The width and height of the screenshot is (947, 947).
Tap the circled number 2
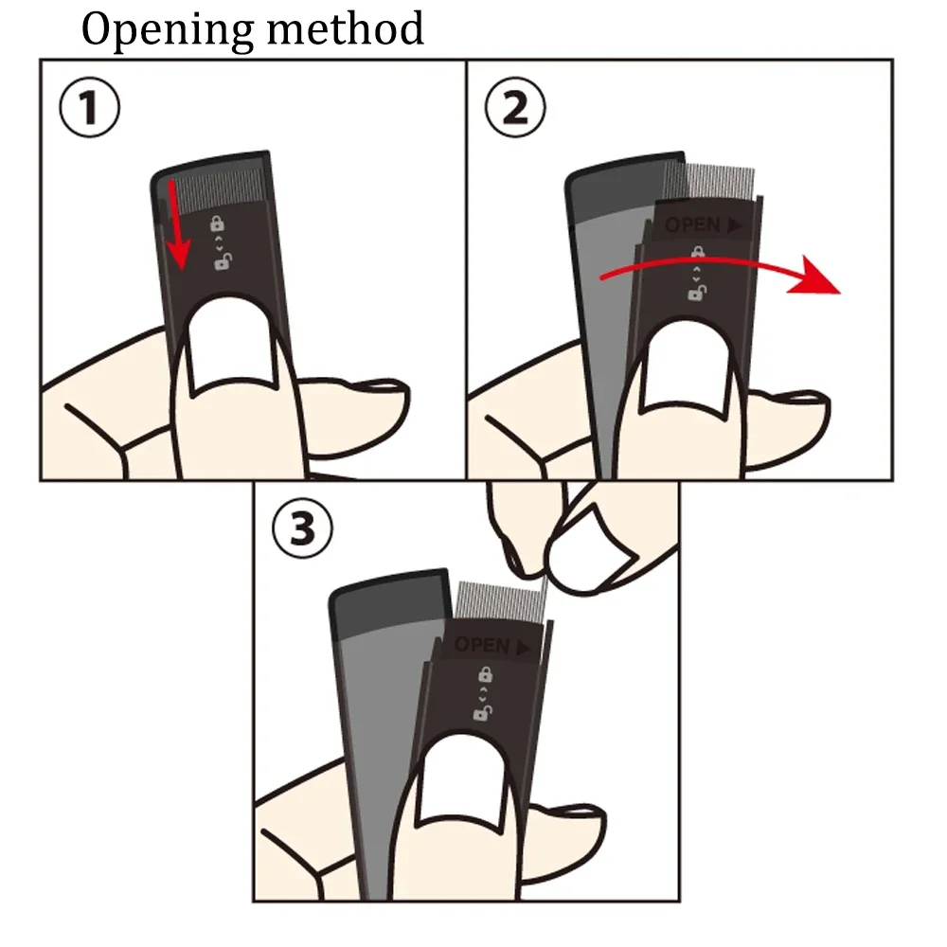(515, 110)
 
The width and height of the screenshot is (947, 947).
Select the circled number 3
(302, 529)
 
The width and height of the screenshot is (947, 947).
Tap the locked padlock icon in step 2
(698, 254)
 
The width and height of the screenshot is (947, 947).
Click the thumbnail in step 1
(232, 355)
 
